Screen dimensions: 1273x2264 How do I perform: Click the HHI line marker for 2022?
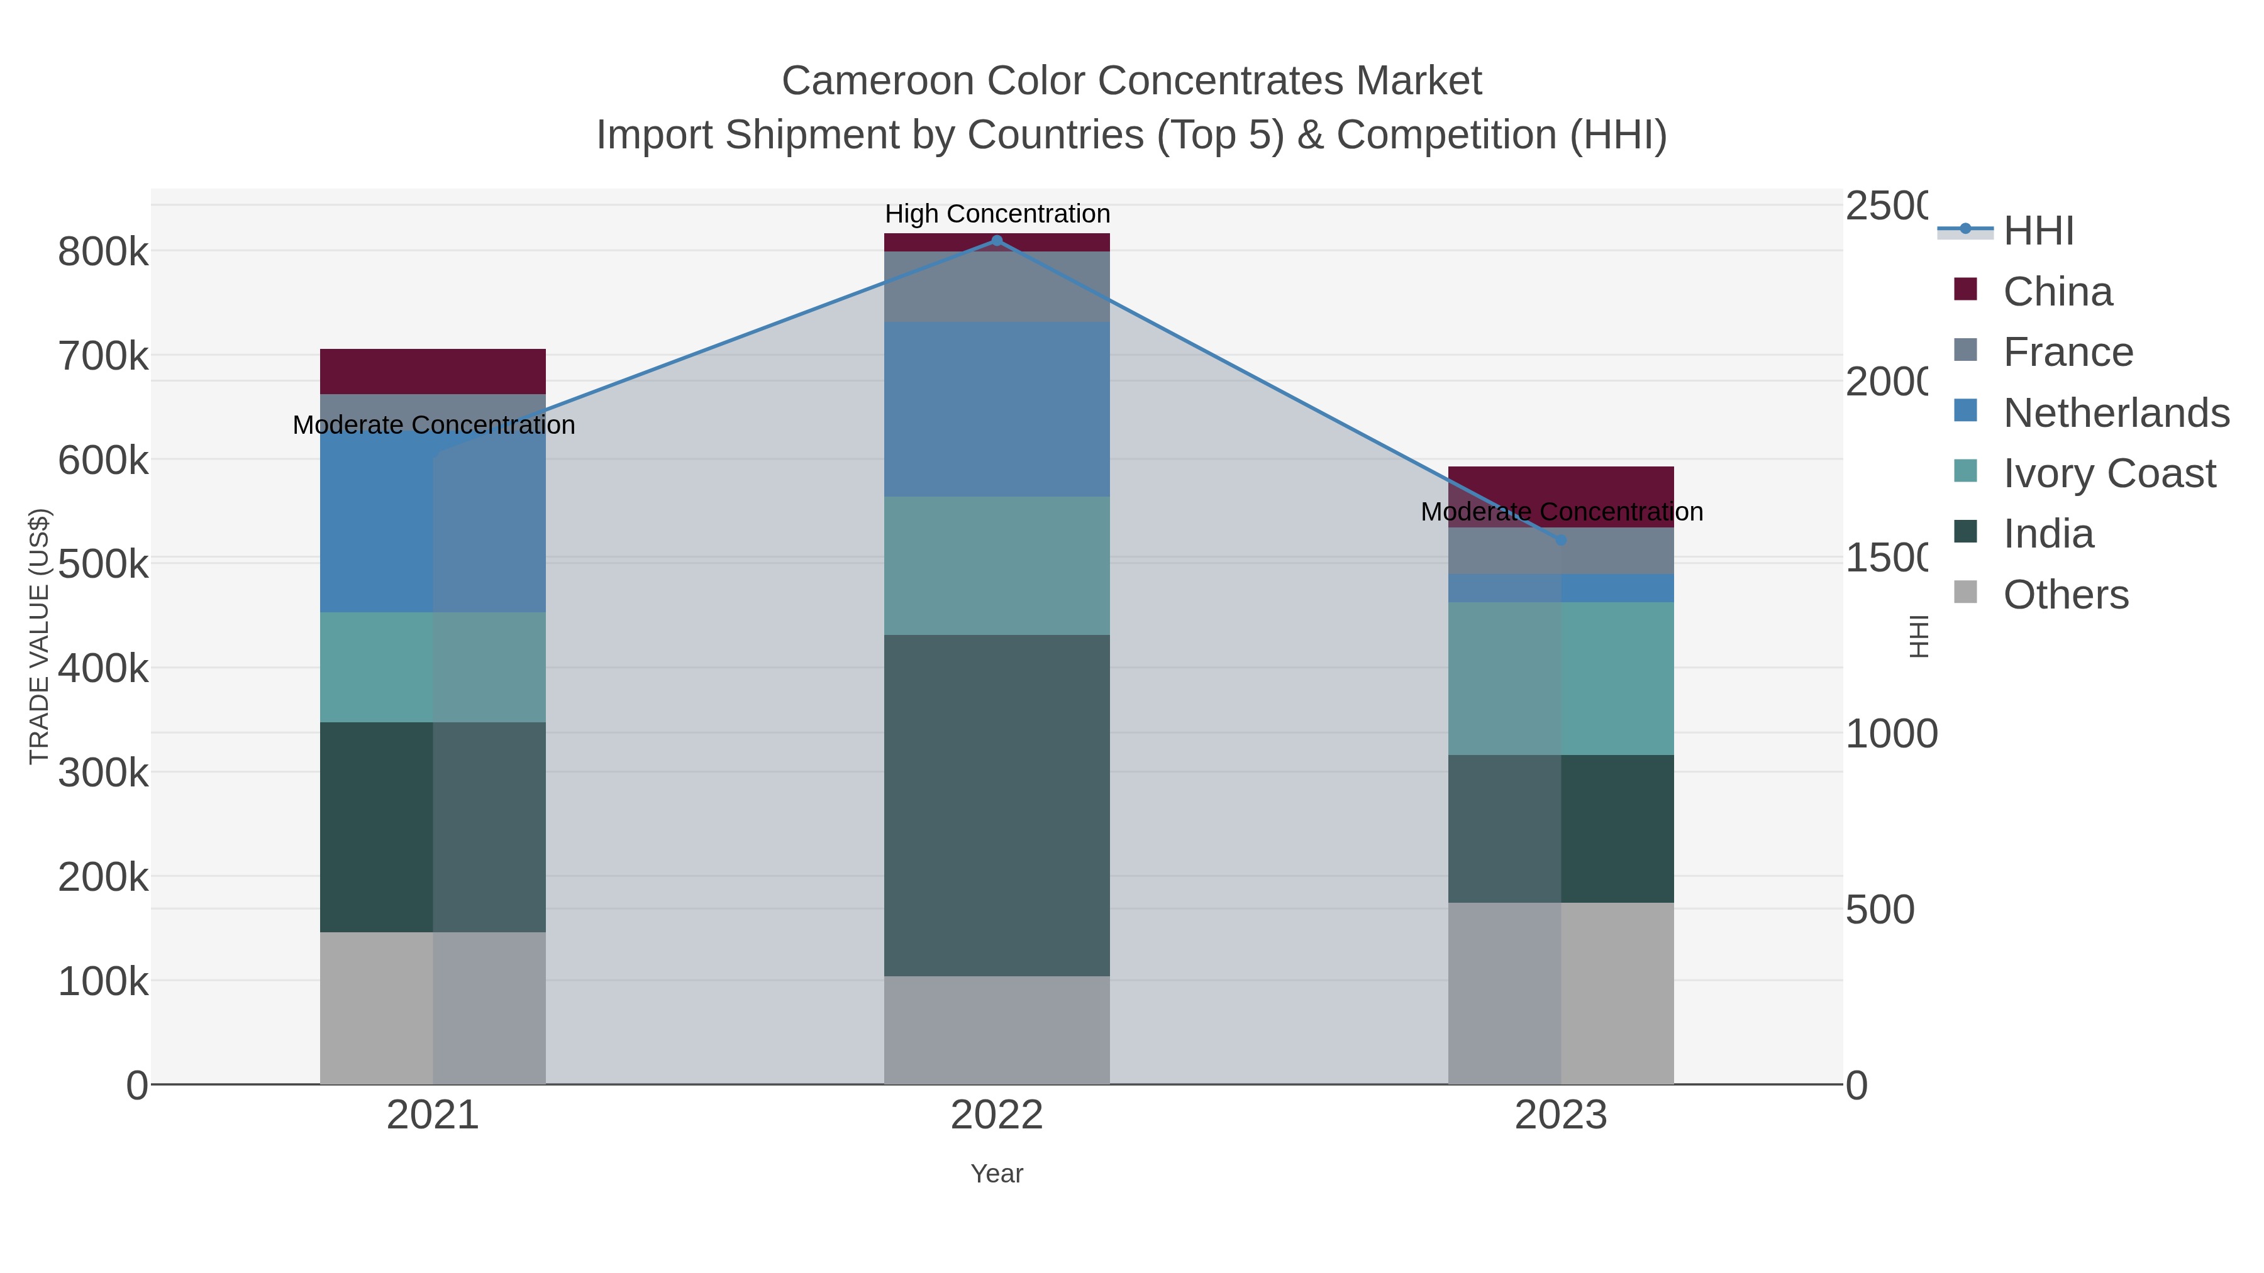coord(997,240)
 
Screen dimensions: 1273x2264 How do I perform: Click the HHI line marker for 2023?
coord(1561,540)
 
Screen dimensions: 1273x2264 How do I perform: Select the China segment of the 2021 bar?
coord(433,372)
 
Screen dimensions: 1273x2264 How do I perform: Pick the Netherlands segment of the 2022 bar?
coord(997,409)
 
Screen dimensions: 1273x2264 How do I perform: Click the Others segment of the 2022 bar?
coord(997,1030)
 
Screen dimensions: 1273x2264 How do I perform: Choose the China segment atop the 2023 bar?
coord(1561,483)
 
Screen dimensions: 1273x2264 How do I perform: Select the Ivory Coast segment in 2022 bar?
coord(997,566)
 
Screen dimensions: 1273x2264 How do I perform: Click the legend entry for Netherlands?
coord(2116,412)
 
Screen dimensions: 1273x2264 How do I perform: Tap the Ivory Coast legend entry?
coord(2109,473)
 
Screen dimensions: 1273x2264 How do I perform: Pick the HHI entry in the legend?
coord(2038,230)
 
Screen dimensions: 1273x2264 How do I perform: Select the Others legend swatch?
coord(1965,593)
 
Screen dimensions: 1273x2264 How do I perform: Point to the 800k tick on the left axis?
coord(103,253)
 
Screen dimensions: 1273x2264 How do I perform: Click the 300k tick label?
coord(103,773)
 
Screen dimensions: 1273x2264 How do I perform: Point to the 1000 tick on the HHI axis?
coord(1890,734)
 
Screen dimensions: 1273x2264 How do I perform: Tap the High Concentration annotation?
coord(997,214)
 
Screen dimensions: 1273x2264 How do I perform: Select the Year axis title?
coord(997,1174)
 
